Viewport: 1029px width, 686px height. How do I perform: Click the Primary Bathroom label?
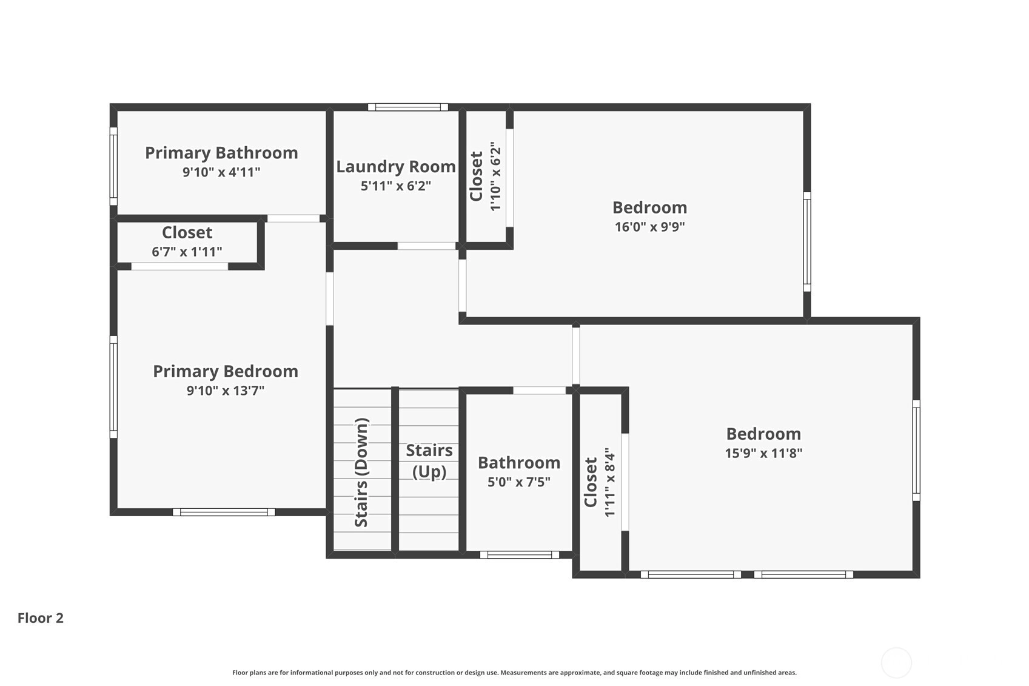point(221,153)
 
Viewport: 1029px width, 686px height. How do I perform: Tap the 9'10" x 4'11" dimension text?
point(221,172)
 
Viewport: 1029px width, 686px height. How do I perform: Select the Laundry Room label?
point(396,167)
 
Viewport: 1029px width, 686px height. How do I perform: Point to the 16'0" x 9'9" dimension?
point(649,227)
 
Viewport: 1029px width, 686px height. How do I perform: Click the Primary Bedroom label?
point(226,371)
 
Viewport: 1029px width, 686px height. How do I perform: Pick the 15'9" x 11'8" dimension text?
point(763,454)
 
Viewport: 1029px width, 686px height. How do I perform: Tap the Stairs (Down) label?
point(361,472)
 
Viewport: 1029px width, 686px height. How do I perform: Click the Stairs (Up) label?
point(429,461)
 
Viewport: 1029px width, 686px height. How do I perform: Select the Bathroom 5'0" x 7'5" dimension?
point(519,482)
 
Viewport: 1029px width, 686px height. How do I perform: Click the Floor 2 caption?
point(41,618)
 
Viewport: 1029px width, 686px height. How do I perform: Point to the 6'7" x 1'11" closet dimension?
point(187,252)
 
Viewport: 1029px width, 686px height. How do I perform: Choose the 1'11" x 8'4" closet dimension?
point(609,482)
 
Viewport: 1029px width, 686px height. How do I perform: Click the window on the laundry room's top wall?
point(408,107)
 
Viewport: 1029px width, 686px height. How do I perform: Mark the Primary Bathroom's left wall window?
point(113,166)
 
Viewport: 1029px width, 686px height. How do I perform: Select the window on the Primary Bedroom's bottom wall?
point(224,512)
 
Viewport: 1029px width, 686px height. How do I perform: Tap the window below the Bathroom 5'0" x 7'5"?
point(520,554)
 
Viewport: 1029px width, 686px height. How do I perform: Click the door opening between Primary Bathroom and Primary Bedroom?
point(293,218)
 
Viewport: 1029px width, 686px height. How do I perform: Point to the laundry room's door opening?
point(426,246)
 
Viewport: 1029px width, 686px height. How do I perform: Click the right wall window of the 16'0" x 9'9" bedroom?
point(806,241)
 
